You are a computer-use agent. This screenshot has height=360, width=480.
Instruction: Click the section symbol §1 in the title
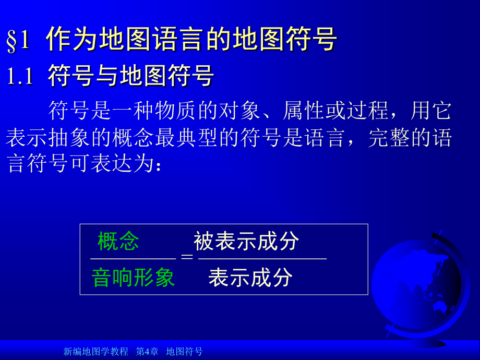pyautogui.click(x=19, y=41)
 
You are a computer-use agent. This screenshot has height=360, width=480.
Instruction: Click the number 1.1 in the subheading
pyautogui.click(x=20, y=77)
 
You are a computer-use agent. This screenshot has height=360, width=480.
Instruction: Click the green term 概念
pyautogui.click(x=118, y=241)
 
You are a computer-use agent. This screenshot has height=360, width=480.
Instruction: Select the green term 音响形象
pyautogui.click(x=133, y=278)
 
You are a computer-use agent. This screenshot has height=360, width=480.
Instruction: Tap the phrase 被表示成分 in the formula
pyautogui.click(x=246, y=241)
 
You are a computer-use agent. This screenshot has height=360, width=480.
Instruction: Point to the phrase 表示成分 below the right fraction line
pyautogui.click(x=250, y=278)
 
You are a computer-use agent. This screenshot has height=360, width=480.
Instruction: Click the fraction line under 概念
pyautogui.click(x=133, y=258)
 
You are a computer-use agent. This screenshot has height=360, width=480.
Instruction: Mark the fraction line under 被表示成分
pyautogui.click(x=262, y=258)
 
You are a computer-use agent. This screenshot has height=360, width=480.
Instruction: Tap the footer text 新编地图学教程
pyautogui.click(x=95, y=352)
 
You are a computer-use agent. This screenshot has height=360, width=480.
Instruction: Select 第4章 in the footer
pyautogui.click(x=147, y=352)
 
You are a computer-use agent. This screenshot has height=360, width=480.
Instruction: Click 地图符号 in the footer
pyautogui.click(x=184, y=352)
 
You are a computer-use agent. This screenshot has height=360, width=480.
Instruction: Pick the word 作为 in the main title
pyautogui.click(x=73, y=40)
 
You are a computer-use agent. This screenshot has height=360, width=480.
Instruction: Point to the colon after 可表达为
pyautogui.click(x=158, y=166)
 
